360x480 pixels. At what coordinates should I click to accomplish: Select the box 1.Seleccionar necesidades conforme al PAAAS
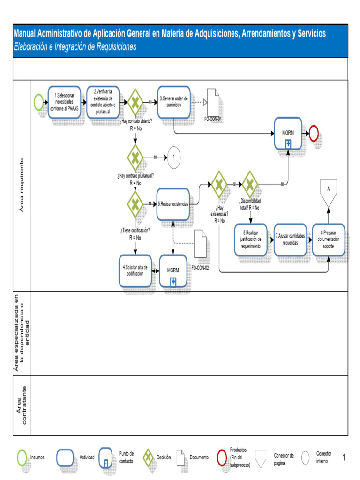[x=65, y=102]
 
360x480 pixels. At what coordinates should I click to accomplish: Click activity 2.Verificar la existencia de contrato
[x=103, y=102]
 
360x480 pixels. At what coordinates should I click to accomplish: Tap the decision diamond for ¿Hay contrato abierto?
[x=135, y=102]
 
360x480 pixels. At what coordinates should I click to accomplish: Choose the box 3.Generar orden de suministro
[x=174, y=102]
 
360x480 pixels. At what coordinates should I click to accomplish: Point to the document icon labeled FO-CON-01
[x=213, y=101]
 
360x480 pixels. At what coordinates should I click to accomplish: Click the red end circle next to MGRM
[x=313, y=134]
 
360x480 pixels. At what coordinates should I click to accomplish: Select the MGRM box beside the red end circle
[x=288, y=134]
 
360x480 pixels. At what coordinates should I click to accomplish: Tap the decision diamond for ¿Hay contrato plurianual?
[x=135, y=157]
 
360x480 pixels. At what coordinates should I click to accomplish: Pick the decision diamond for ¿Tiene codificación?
[x=135, y=203]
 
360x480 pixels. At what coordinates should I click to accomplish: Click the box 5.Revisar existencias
[x=173, y=204]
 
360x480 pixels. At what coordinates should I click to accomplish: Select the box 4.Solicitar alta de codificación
[x=135, y=270]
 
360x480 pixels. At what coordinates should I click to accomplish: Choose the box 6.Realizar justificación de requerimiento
[x=251, y=239]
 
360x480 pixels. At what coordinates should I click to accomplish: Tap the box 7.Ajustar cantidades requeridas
[x=290, y=239]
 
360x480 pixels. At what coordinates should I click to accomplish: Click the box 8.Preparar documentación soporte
[x=329, y=239]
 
